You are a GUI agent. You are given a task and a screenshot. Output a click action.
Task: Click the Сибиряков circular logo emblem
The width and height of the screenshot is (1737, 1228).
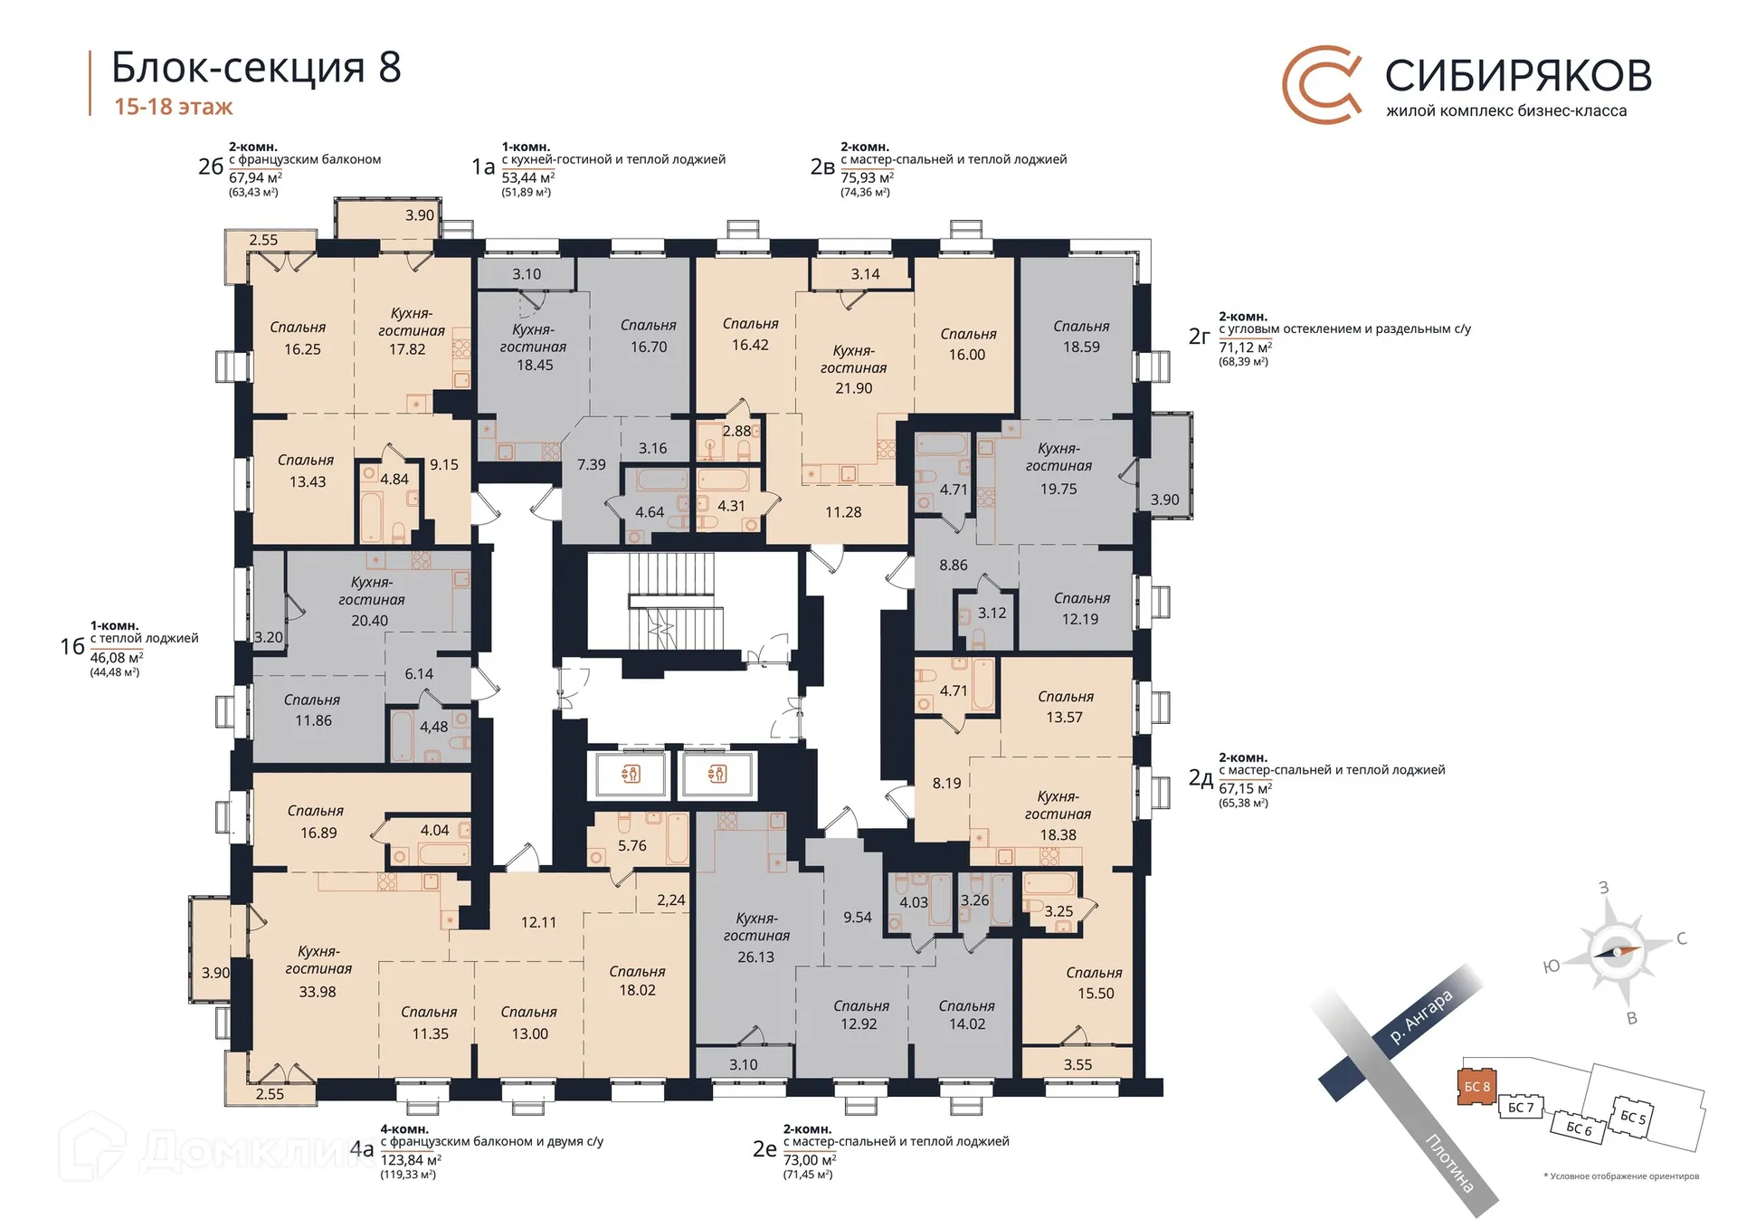click(1322, 84)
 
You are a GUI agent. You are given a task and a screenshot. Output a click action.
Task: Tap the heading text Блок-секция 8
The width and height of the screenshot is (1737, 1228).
click(256, 68)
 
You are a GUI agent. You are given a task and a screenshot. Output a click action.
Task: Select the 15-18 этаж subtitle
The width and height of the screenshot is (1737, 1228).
click(173, 107)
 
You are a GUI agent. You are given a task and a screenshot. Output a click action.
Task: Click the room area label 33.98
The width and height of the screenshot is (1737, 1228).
click(317, 992)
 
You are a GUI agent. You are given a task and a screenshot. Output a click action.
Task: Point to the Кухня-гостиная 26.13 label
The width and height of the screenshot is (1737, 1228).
click(756, 938)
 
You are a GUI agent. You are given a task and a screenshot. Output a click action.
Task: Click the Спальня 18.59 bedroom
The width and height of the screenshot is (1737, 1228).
click(1080, 337)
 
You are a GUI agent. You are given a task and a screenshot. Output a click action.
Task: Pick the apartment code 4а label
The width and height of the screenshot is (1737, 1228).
click(362, 1150)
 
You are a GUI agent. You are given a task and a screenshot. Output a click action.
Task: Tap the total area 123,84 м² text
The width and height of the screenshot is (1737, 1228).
click(411, 1160)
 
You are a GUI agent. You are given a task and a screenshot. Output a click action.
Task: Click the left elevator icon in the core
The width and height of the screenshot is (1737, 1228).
click(631, 774)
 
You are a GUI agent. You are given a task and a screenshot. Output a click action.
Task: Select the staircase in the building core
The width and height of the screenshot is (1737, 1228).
click(674, 601)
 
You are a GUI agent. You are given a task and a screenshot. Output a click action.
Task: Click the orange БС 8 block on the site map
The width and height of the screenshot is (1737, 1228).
click(1476, 1086)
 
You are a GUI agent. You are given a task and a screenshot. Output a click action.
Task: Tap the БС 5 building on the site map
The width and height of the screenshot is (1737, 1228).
click(1633, 1118)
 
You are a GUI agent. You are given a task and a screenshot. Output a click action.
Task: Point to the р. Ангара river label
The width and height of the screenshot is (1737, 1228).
click(1420, 1017)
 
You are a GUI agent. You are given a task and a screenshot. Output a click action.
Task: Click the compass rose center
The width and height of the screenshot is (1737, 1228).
click(1616, 951)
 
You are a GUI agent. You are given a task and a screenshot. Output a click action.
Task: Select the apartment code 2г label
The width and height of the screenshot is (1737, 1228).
click(1199, 337)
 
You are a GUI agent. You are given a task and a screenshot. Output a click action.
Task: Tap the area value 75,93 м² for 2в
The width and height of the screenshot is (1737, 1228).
click(867, 177)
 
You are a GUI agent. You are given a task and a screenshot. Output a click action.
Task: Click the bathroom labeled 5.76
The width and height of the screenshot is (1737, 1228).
click(631, 845)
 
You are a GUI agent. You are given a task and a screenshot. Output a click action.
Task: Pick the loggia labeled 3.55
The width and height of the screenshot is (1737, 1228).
click(1077, 1064)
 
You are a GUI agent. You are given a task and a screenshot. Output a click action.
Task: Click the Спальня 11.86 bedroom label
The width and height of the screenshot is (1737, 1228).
click(312, 710)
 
